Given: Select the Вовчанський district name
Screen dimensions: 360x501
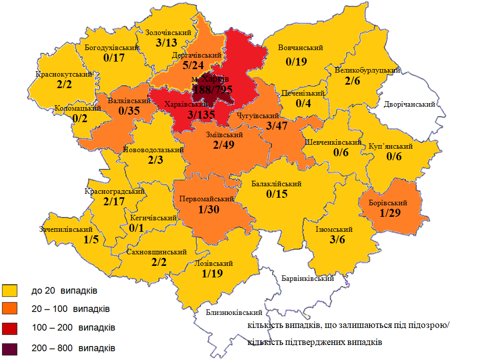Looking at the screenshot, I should click(x=301, y=48).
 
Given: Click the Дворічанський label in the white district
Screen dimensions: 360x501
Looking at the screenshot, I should click(x=409, y=104).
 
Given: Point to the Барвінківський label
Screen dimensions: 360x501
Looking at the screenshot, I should click(x=308, y=278).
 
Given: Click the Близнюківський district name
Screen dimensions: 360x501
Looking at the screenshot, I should click(x=234, y=312).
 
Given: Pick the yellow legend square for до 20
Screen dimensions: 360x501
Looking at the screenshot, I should click(x=10, y=290).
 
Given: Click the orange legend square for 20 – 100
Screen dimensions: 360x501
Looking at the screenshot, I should click(x=10, y=309).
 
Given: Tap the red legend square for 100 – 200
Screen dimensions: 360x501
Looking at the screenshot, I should click(x=10, y=328).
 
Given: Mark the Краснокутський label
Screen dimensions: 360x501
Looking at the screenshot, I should click(x=64, y=75).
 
